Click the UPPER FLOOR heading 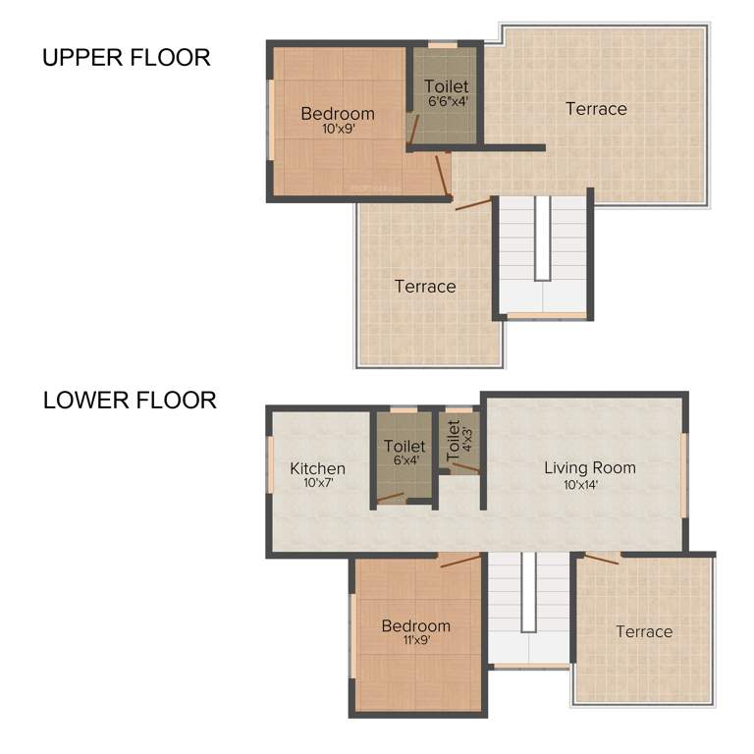click(x=126, y=58)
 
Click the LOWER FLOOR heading click(x=130, y=401)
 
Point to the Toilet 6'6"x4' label click(x=447, y=93)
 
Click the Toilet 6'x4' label click(x=404, y=453)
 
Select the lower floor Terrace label click(x=644, y=631)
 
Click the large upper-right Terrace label click(x=596, y=109)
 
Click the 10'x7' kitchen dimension click(x=318, y=483)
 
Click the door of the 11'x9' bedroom click(x=460, y=562)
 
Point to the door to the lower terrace click(x=601, y=559)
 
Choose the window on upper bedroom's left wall click(x=270, y=119)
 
